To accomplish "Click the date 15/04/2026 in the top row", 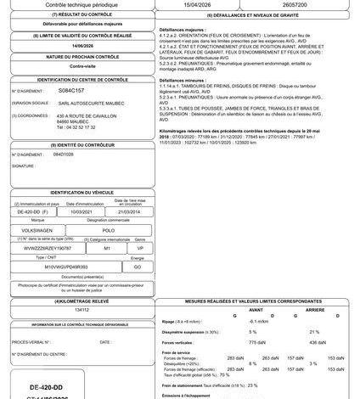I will click(x=201, y=5).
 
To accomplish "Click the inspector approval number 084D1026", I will click(x=64, y=155).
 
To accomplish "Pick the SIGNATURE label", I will click(x=25, y=167).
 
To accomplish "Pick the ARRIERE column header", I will click(x=317, y=310).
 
